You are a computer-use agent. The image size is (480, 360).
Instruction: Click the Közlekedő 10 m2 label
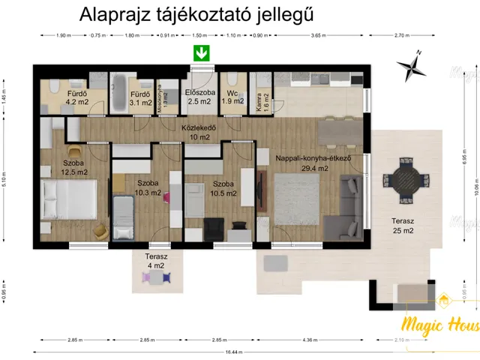pyautogui.click(x=199, y=133)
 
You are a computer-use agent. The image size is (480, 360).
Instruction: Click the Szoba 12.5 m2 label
pyautogui.click(x=73, y=167)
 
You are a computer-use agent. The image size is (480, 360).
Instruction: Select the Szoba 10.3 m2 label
pyautogui.click(x=148, y=187)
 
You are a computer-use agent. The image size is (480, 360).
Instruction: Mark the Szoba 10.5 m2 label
pyautogui.click(x=223, y=187)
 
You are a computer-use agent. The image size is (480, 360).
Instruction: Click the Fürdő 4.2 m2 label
pyautogui.click(x=76, y=97)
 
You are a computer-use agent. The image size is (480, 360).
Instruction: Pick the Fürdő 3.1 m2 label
pyautogui.click(x=139, y=97)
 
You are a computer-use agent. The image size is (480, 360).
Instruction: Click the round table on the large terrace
pyautogui.click(x=406, y=181)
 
